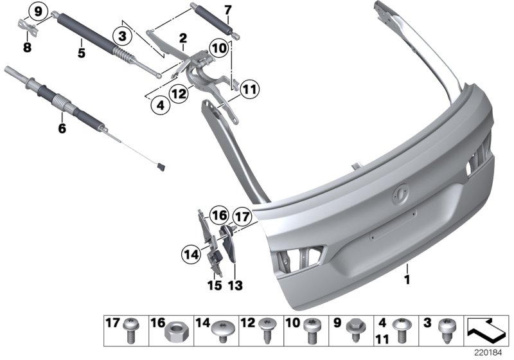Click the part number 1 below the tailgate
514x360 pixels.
(x=405, y=280)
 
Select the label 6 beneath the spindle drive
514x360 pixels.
(x=62, y=128)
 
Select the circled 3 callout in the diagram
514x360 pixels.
(x=122, y=33)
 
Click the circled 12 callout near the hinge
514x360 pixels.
(x=179, y=94)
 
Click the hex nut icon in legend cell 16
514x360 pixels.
(x=173, y=334)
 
